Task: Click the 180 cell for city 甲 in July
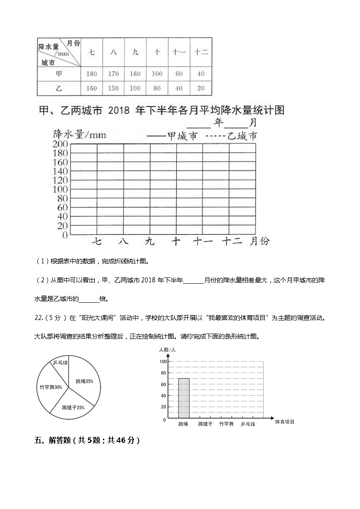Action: click(92, 74)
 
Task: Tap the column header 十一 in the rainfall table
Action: click(179, 52)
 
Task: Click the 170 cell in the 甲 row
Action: click(113, 74)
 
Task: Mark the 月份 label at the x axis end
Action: click(259, 241)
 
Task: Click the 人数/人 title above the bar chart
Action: click(167, 350)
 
